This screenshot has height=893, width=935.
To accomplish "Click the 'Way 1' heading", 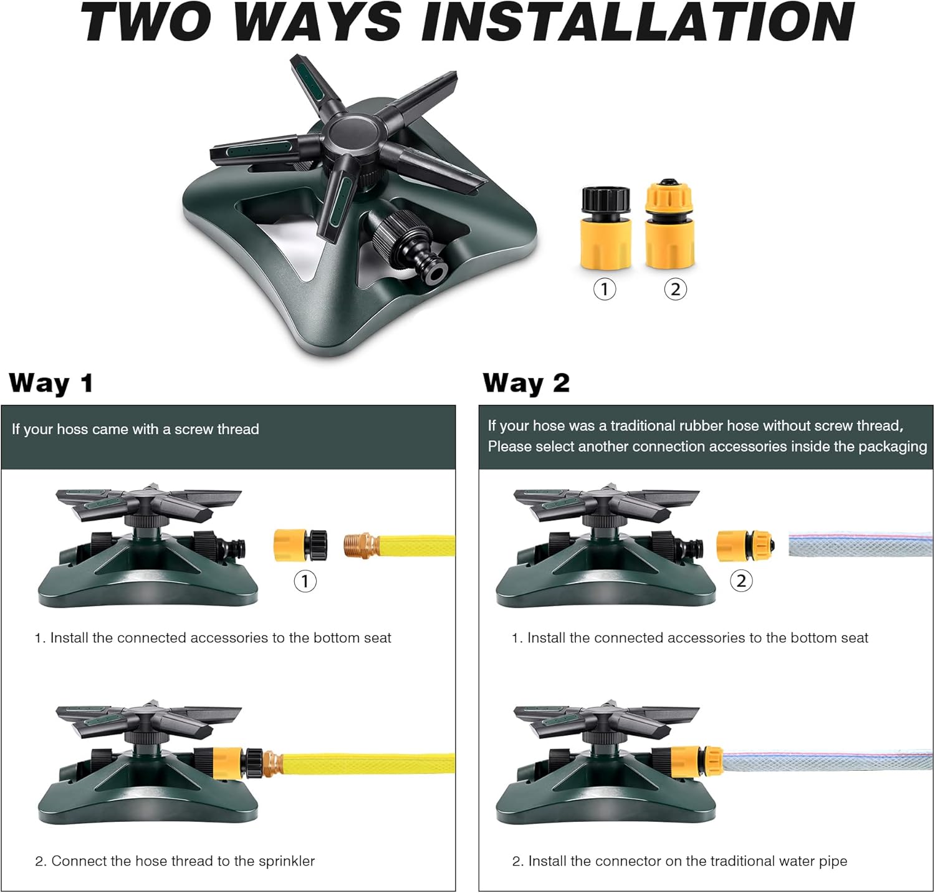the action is pos(51,383).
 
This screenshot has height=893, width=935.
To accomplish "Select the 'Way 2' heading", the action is pos(526,383).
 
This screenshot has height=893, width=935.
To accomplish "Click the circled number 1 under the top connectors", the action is pos(604,289).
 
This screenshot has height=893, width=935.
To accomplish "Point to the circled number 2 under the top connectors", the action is pos(675,289).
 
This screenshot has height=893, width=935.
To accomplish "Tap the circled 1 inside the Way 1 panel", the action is pos(305,581).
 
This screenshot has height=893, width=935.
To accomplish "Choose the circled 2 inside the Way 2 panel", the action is pos(741,581).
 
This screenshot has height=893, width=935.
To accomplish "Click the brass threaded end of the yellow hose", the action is pos(361,545).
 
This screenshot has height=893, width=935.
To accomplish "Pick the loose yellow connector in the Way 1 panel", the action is pos(300,545).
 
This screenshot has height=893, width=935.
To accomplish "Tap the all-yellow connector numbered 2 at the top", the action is pos(669,224).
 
